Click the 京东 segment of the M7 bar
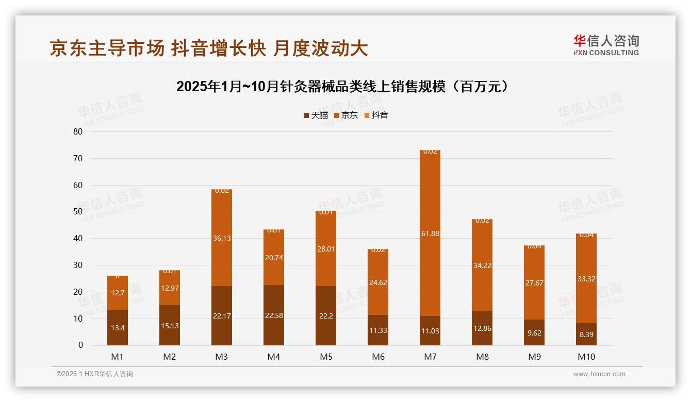(430, 206)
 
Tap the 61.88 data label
(430, 233)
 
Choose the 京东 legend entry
(346, 115)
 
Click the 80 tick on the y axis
(78, 131)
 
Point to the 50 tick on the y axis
(78, 212)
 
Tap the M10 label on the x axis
(586, 357)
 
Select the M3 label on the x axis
(222, 357)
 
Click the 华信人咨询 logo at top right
(606, 45)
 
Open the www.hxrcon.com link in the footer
(599, 374)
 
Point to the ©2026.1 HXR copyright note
(94, 374)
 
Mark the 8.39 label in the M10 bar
(586, 334)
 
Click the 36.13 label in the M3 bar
(222, 238)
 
